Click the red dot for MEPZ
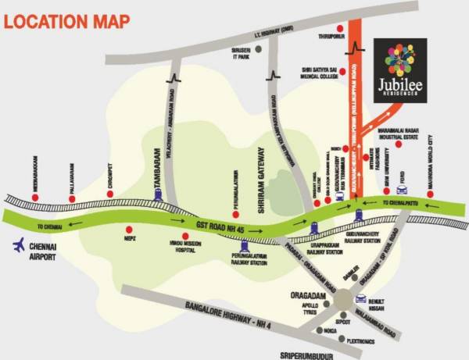click(129, 231)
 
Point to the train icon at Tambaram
click(159, 197)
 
